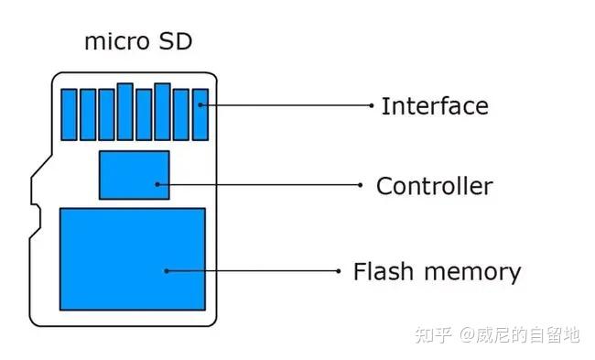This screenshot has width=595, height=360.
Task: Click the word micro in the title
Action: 111,42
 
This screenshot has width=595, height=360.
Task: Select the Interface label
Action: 435,106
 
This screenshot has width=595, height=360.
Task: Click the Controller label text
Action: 435,187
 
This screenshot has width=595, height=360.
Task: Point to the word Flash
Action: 381,272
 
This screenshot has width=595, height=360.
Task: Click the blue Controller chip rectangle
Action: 134,174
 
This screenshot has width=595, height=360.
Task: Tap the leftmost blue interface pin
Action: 69,114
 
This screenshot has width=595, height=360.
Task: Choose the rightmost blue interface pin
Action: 200,114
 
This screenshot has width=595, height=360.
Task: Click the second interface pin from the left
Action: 87,114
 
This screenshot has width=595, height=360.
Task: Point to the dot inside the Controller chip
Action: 157,184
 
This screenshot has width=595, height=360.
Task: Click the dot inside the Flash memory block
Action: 166,271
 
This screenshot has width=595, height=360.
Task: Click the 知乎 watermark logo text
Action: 433,335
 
